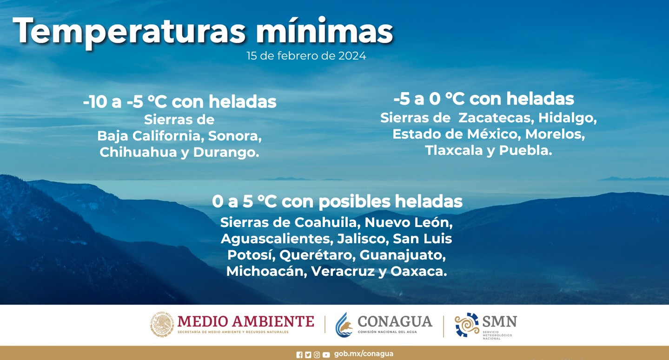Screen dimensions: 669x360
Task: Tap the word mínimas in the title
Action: pos(325,30)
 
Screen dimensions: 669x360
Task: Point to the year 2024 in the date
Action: pos(352,56)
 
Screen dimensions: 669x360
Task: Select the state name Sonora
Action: pos(235,136)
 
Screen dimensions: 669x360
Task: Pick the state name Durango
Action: pos(226,153)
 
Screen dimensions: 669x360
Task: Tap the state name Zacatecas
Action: pos(496,118)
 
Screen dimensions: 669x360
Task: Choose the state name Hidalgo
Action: pos(568,118)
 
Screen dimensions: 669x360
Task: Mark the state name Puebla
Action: pos(526,150)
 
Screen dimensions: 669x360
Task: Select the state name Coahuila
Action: pos(328,223)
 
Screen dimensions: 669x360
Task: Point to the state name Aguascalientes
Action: pos(277,239)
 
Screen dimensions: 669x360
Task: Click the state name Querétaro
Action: pos(317,255)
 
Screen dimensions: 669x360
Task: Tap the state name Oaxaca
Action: pos(419,272)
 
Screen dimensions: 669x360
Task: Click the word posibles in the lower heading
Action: pos(354,202)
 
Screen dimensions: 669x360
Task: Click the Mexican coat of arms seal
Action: pos(162,324)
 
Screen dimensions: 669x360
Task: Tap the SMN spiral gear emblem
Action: pos(467,325)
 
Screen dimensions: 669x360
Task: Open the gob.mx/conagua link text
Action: pos(364,354)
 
